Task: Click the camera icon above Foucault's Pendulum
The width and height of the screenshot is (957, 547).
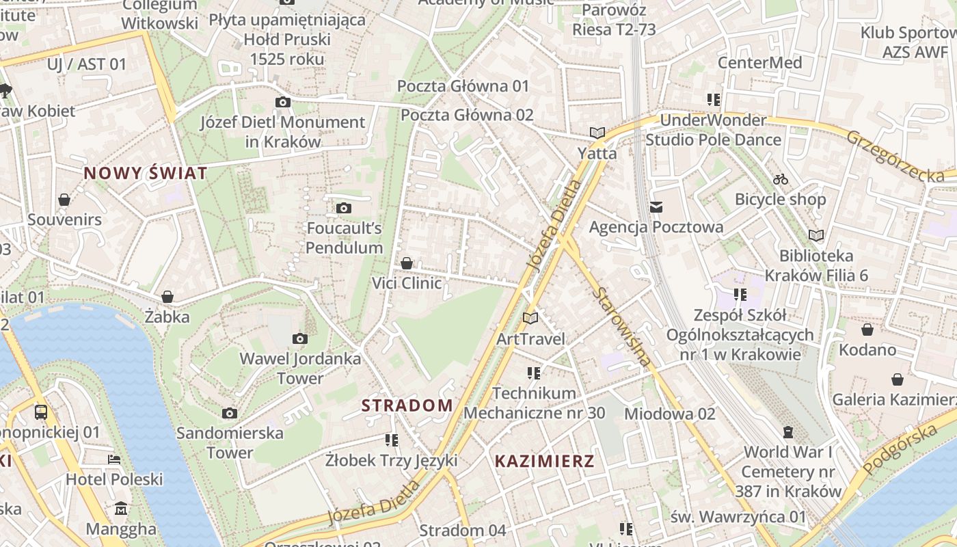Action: tap(343, 208)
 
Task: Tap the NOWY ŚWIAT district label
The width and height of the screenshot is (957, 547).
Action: tap(145, 173)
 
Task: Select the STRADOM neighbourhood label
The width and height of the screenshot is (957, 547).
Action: tap(407, 405)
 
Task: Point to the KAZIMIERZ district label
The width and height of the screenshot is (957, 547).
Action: tap(544, 461)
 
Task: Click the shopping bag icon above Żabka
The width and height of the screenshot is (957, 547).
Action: tap(167, 297)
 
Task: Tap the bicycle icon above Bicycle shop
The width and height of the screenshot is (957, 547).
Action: tap(781, 179)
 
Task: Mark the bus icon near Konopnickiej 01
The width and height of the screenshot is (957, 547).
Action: tap(41, 412)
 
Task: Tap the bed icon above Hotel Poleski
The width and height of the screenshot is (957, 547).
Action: tap(114, 459)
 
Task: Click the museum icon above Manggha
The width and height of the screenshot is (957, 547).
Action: tap(121, 509)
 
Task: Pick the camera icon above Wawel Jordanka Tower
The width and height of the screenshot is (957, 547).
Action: tap(299, 338)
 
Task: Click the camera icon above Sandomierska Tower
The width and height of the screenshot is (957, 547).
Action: tap(230, 413)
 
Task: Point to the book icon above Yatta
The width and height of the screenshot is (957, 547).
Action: tap(597, 133)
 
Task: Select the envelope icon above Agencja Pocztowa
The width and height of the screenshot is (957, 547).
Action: tap(656, 206)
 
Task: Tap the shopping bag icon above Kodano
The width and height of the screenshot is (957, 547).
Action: tap(867, 330)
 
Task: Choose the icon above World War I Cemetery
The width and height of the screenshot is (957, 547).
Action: tap(788, 432)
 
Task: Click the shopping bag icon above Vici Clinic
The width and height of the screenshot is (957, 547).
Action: tap(407, 263)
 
